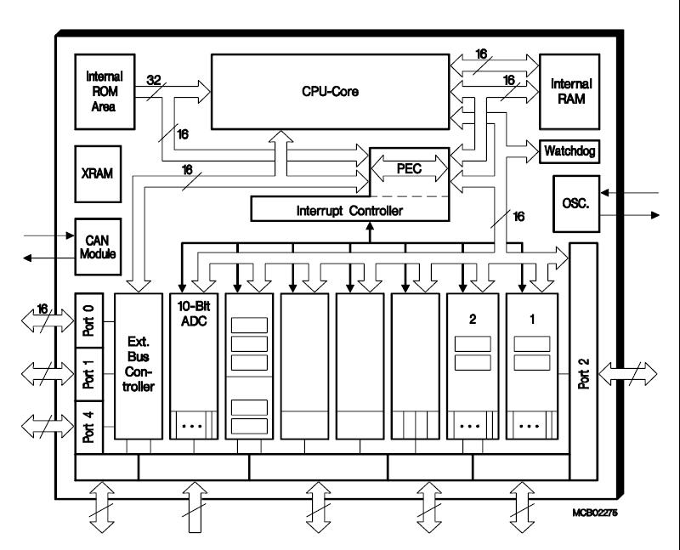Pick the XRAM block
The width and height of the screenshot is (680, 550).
99,171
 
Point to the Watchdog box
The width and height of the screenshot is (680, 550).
569,151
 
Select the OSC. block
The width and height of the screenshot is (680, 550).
575,203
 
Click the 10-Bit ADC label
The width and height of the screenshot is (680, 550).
194,315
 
